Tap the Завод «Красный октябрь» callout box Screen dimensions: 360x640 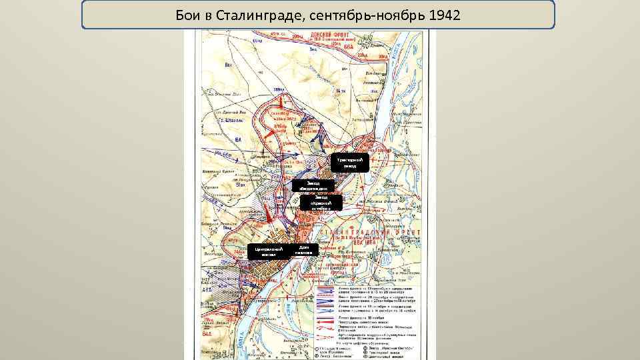point(320,203)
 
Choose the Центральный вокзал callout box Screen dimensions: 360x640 point(265,251)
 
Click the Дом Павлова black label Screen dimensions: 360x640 point(303,250)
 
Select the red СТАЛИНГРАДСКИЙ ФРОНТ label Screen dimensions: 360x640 point(376,234)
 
